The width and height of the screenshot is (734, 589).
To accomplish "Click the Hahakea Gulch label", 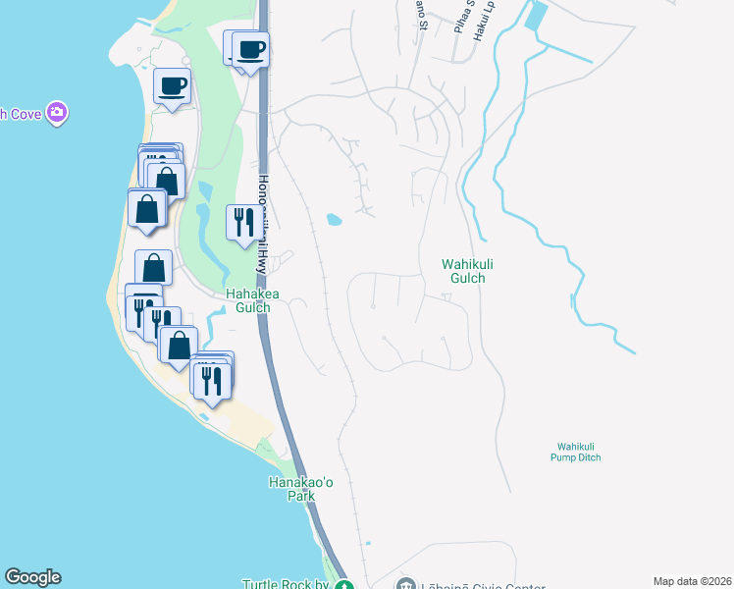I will [x=247, y=299].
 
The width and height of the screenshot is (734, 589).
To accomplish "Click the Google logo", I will [x=32, y=577].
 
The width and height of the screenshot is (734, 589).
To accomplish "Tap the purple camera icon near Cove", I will [x=57, y=112].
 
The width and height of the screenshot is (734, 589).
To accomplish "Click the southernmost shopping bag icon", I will [x=179, y=345].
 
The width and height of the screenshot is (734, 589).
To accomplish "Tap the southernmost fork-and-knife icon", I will [x=212, y=379].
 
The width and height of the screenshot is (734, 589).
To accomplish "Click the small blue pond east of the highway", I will [x=335, y=220].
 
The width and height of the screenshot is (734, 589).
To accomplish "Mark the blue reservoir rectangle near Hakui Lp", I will [x=536, y=15].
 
